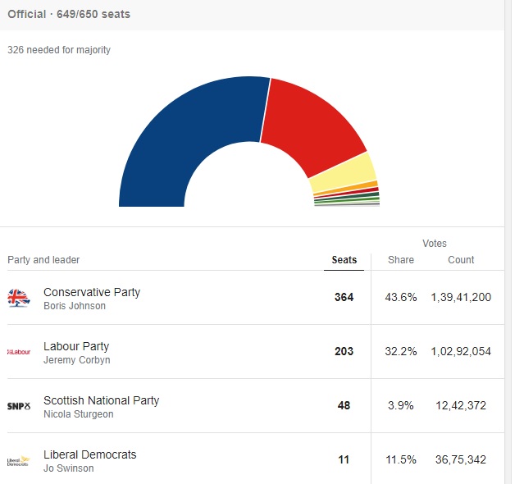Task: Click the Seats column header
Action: coord(344,260)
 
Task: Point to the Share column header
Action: coord(401,260)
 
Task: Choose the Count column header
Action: coord(461,260)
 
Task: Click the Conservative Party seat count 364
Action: coord(344,297)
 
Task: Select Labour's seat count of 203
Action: coord(344,351)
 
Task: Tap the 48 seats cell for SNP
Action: coord(344,405)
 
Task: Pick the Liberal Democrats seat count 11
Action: coord(344,459)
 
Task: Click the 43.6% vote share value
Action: coord(401,297)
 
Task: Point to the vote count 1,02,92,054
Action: coord(461,351)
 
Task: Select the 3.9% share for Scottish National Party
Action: coord(401,405)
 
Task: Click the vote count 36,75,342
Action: coord(461,459)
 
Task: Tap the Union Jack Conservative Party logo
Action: coord(19,298)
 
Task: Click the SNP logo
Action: coord(19,406)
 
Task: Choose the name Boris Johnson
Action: coord(75,306)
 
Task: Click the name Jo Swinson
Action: coord(69,468)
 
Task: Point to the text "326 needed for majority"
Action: coord(59,50)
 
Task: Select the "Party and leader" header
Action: coord(43,260)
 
